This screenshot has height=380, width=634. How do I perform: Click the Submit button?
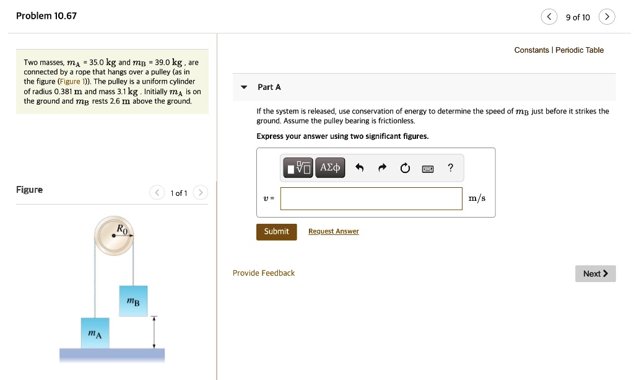pos(276,231)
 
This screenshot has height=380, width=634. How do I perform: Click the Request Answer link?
pos(333,231)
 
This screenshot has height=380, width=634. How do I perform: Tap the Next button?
pos(595,273)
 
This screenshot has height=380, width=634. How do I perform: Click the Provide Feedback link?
pos(264,273)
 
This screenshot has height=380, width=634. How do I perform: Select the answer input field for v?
pos(371,198)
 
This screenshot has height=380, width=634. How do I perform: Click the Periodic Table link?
pos(580,50)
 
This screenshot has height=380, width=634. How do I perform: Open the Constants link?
pos(531,50)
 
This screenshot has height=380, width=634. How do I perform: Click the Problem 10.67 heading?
pos(46,16)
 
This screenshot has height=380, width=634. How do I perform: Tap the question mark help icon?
pos(450,167)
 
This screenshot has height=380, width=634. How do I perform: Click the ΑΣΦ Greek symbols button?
pos(330,167)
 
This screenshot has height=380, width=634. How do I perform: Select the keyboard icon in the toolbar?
pos(428,168)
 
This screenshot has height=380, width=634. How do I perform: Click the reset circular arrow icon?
pos(405,168)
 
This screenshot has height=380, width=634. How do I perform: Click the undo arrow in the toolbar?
pos(359,167)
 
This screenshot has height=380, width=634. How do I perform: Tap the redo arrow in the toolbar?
pos(382,167)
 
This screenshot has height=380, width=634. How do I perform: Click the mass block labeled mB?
pos(133,301)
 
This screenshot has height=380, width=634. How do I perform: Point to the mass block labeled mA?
pos(95,333)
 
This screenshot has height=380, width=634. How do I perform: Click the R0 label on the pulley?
pos(123,229)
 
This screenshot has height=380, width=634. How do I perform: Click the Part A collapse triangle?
pos(244,87)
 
